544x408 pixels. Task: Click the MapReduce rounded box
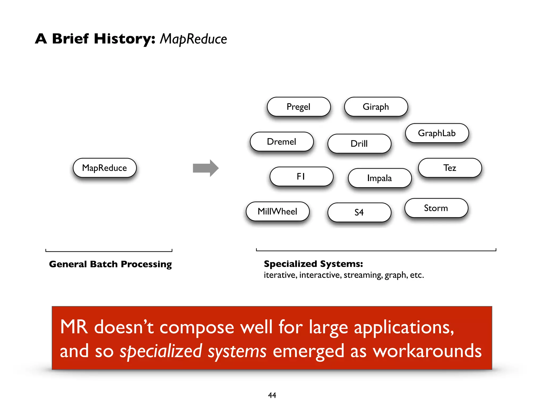[105, 168]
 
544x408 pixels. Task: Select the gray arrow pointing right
[205, 168]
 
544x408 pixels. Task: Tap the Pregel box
[299, 107]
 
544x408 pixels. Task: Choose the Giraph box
[376, 107]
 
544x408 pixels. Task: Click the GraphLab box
[437, 133]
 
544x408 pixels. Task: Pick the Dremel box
[282, 142]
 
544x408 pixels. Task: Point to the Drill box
[359, 144]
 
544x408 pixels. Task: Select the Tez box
[450, 168]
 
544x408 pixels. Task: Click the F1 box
[301, 176]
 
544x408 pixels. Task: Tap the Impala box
[380, 178]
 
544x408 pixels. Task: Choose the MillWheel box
[278, 211]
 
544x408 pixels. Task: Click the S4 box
[359, 212]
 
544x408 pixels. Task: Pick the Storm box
[436, 208]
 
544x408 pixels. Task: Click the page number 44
[272, 395]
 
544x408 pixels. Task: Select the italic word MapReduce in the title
[193, 39]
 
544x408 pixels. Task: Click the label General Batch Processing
[110, 264]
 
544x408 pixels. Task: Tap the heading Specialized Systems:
[313, 264]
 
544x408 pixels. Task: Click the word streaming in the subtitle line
[363, 275]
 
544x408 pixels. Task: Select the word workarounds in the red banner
[427, 351]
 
